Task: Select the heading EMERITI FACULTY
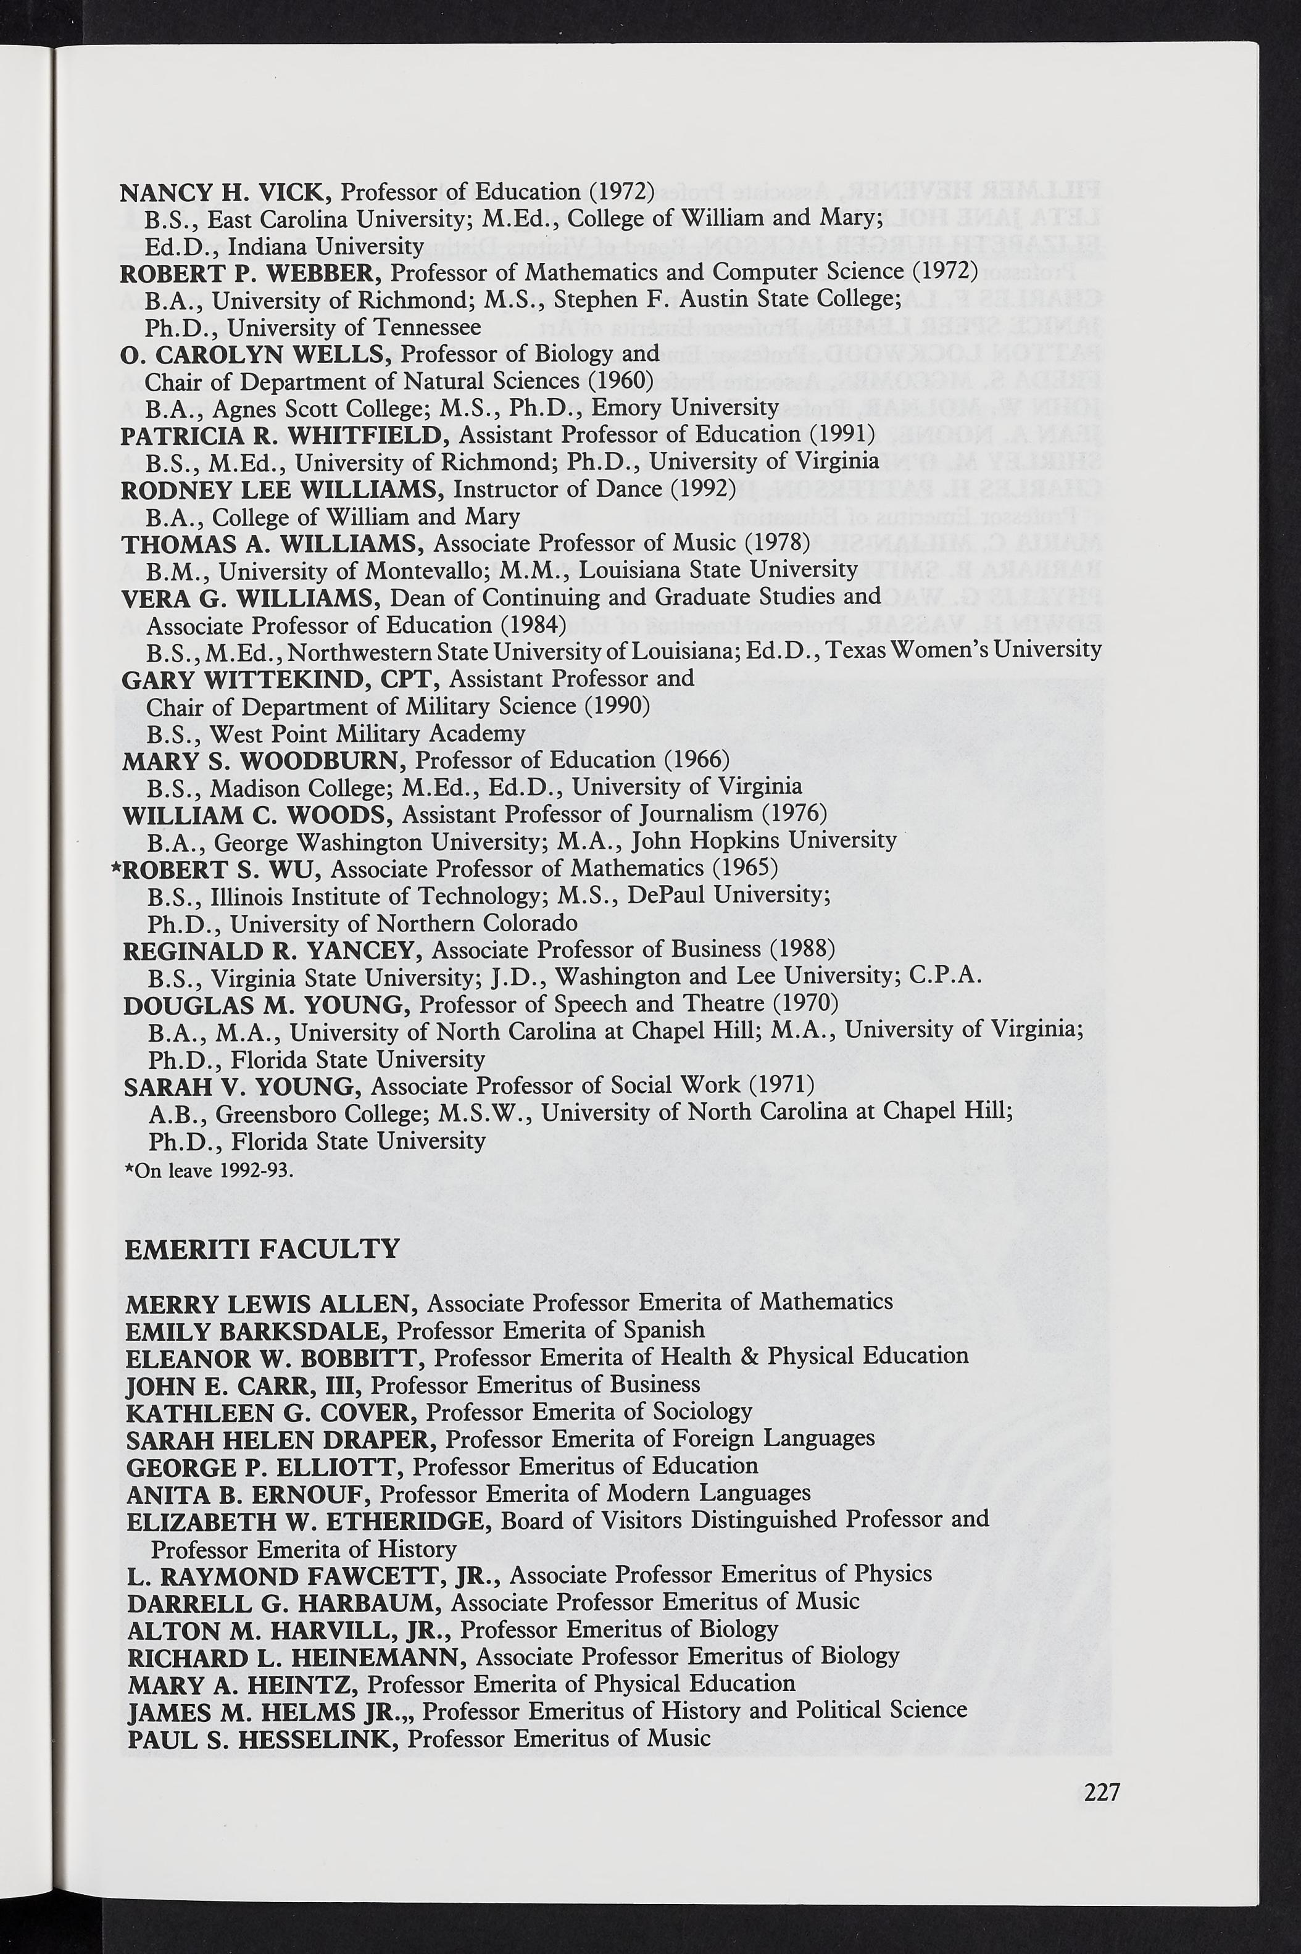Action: (262, 1249)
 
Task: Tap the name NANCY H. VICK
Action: (226, 193)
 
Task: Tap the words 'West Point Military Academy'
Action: (368, 733)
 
